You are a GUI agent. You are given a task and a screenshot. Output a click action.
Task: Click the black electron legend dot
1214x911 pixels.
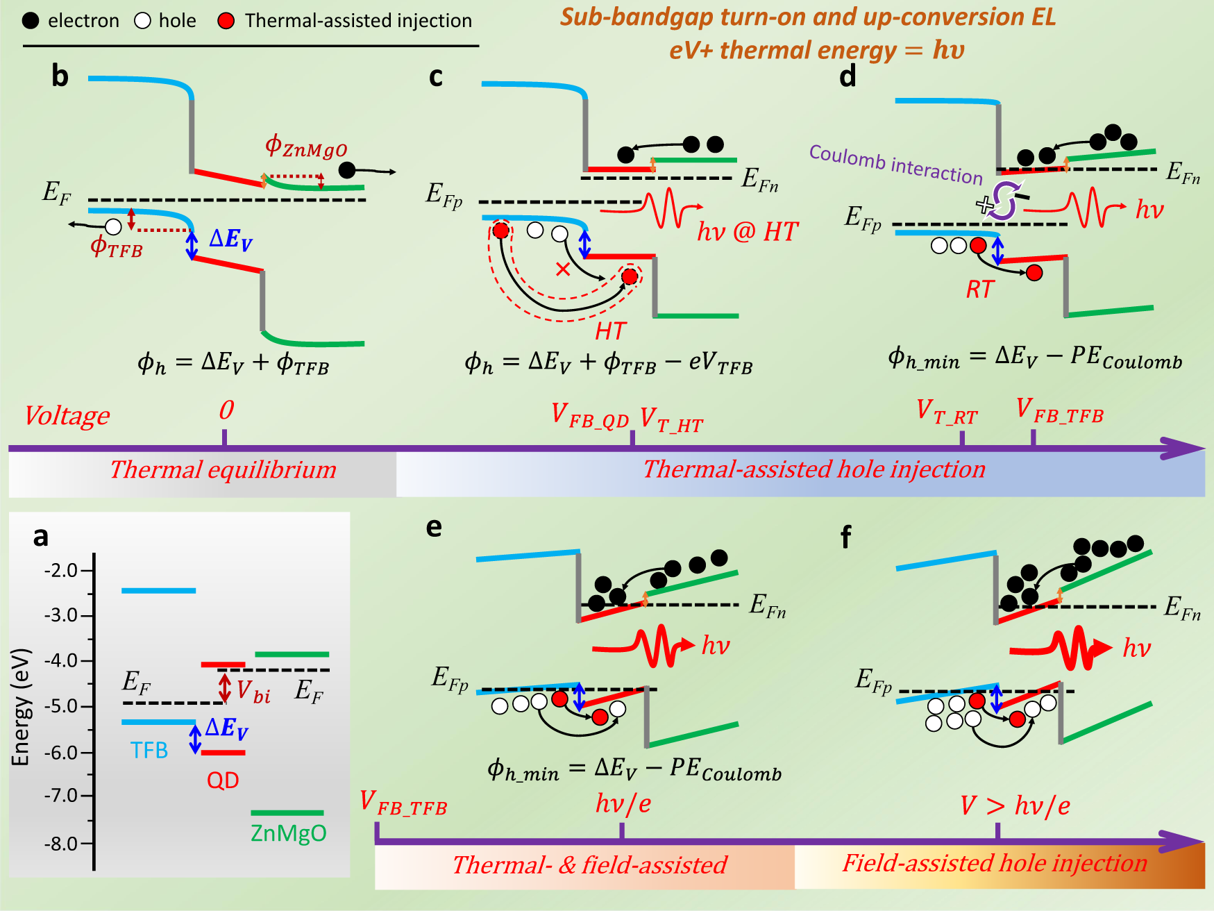[x=31, y=21]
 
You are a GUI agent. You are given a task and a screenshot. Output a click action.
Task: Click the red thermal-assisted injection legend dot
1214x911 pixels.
[x=226, y=21]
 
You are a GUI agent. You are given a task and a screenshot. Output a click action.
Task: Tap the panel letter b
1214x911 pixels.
[x=60, y=76]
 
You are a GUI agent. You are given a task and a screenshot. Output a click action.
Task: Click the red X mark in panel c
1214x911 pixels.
[x=563, y=269]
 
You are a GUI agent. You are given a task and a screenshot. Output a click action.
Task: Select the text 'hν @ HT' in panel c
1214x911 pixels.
[x=748, y=231]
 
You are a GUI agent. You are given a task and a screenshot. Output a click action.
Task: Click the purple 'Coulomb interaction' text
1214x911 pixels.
[x=895, y=164]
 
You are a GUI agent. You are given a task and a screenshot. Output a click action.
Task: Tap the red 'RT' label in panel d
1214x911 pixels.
[x=979, y=289]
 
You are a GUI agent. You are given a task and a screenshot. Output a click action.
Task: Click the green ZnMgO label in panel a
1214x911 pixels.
[x=288, y=833]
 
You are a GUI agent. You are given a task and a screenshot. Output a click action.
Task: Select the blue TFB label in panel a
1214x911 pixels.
[x=149, y=751]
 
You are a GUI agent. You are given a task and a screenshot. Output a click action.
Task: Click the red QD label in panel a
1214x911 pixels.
[x=223, y=780]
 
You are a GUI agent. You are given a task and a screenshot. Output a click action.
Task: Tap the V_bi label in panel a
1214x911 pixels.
[x=253, y=692]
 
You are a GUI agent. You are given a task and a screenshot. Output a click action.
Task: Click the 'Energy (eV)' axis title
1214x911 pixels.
[x=21, y=707]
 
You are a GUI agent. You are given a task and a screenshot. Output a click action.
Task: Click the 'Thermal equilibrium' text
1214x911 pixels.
[x=223, y=470]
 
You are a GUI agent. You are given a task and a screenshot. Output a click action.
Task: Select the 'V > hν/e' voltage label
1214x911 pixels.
[x=1015, y=805]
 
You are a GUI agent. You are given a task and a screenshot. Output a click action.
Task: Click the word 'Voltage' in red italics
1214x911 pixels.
[x=67, y=415]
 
